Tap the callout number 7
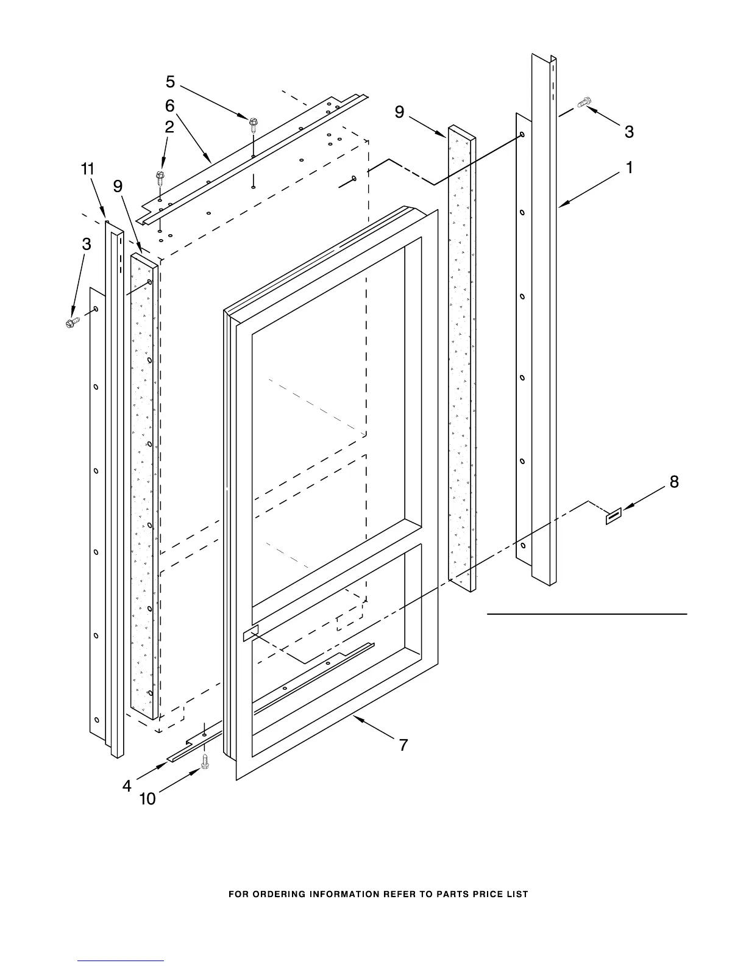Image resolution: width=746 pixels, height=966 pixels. (403, 745)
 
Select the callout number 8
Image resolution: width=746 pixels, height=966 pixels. (674, 482)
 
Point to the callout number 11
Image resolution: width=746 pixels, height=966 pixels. (88, 169)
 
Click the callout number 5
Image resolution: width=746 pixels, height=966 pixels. (170, 82)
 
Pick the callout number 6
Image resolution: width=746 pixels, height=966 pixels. (170, 106)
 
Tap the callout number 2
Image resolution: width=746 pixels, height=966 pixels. (169, 127)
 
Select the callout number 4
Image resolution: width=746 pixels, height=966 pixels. (127, 786)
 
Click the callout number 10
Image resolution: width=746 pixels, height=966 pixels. (148, 798)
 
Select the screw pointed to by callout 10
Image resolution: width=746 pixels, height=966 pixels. (205, 761)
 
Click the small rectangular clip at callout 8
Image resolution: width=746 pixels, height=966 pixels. (613, 517)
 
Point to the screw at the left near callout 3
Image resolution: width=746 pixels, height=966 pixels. (73, 322)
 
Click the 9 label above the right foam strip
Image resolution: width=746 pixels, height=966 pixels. (399, 112)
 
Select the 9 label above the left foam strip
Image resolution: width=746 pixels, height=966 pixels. (118, 186)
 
